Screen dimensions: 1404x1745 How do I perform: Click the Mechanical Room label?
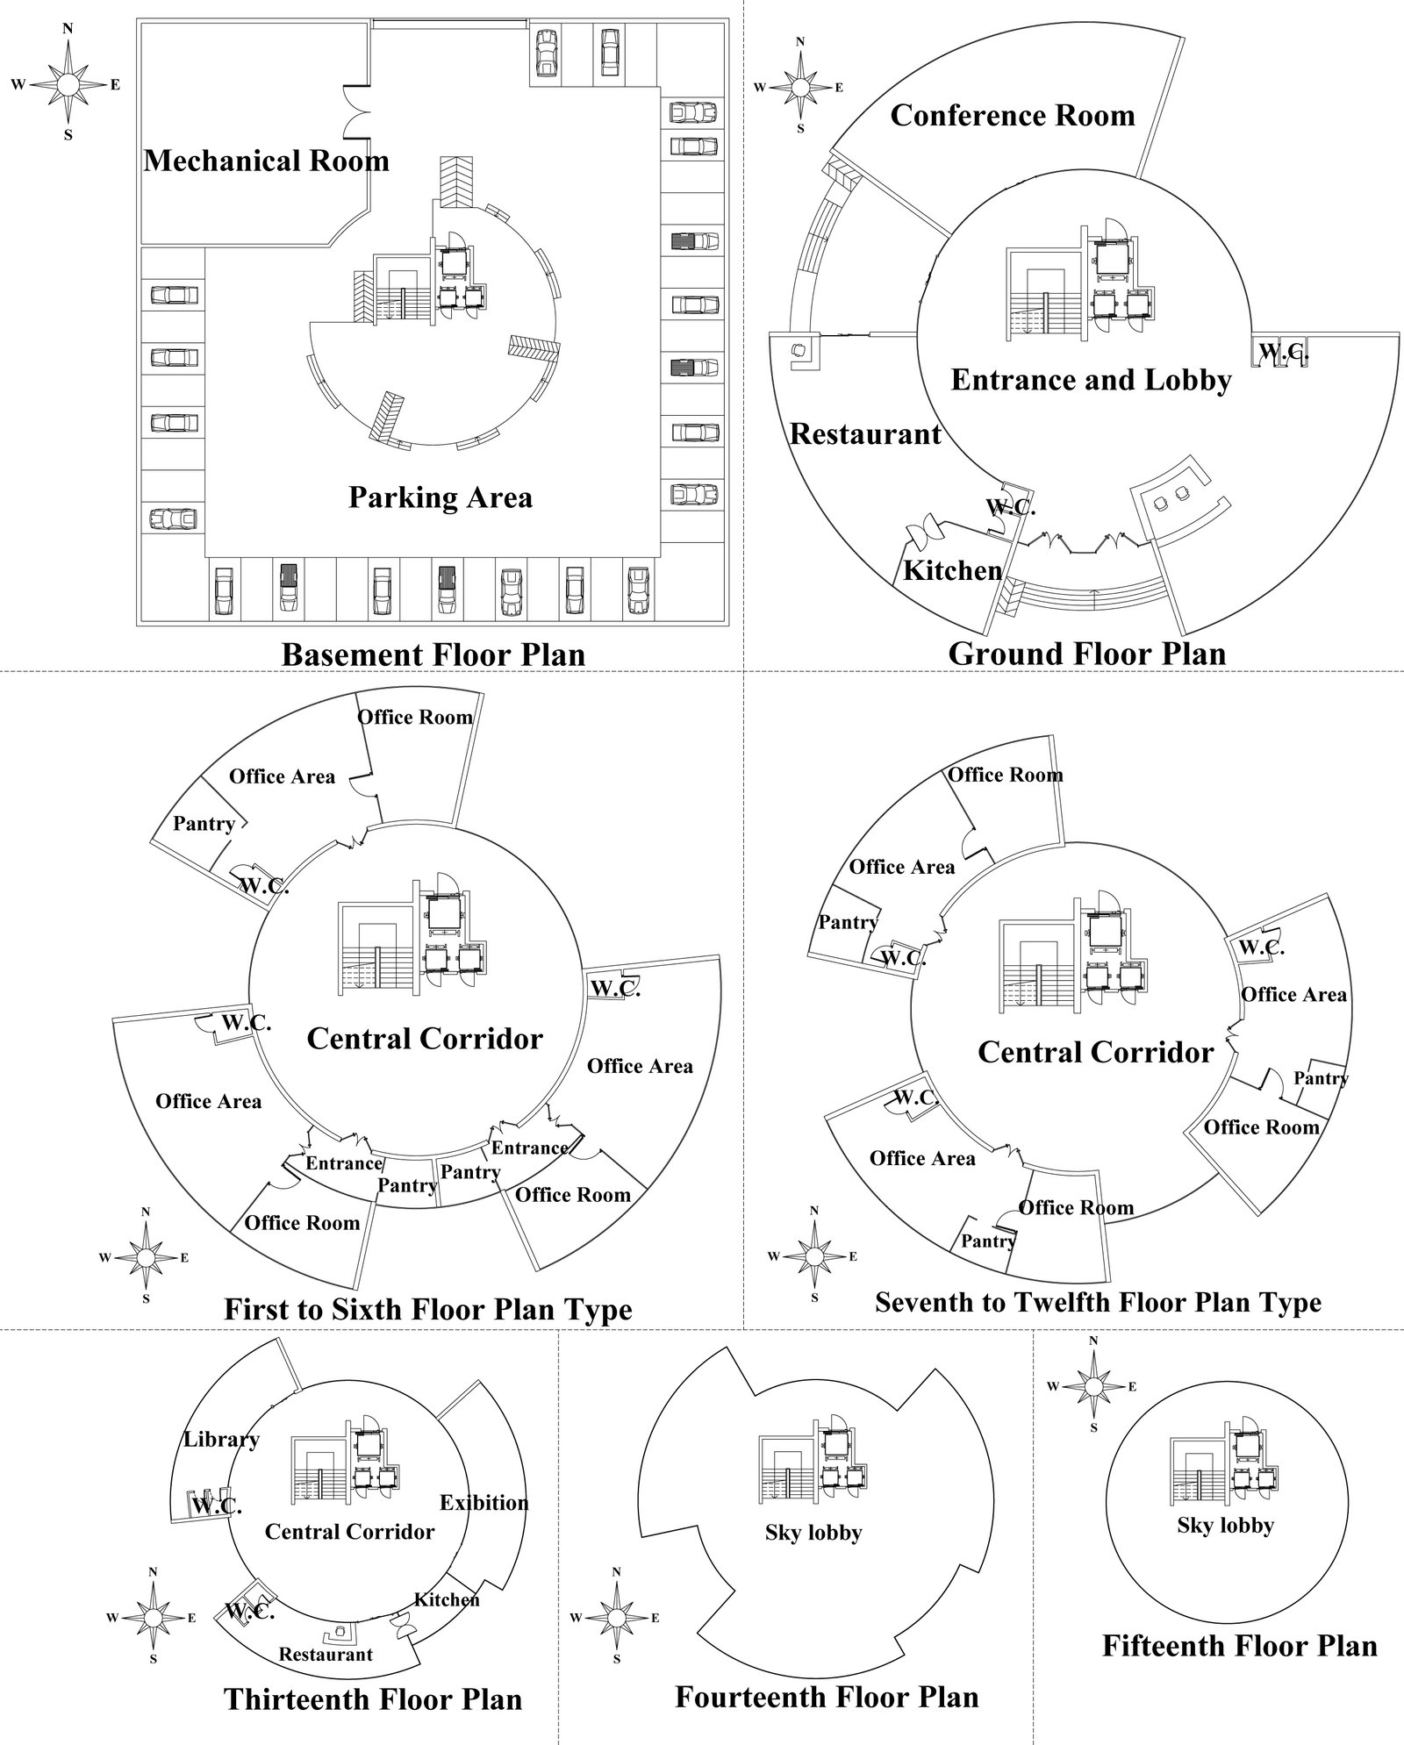tap(267, 161)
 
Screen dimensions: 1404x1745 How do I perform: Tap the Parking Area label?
tap(441, 497)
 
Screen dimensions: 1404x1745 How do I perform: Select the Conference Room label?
tap(1013, 115)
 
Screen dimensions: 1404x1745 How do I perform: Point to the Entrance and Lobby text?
tap(1091, 380)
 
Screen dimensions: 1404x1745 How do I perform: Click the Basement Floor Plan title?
tap(433, 654)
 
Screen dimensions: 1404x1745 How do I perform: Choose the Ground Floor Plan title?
tap(1087, 654)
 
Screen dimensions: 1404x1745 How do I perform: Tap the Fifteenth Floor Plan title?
tap(1240, 1645)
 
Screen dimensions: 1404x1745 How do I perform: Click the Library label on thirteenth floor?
tap(221, 1440)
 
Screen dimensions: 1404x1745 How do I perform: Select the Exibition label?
tap(484, 1503)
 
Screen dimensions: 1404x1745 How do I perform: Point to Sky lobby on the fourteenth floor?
tap(813, 1533)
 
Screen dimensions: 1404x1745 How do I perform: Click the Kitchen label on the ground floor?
tap(953, 571)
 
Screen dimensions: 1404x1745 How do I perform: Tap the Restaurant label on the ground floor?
tap(865, 434)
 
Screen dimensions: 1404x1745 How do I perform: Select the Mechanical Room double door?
tap(358, 111)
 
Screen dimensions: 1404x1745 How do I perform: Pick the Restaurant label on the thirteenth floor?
tap(326, 1655)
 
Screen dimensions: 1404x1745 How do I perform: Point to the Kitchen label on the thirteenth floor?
tap(447, 1599)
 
